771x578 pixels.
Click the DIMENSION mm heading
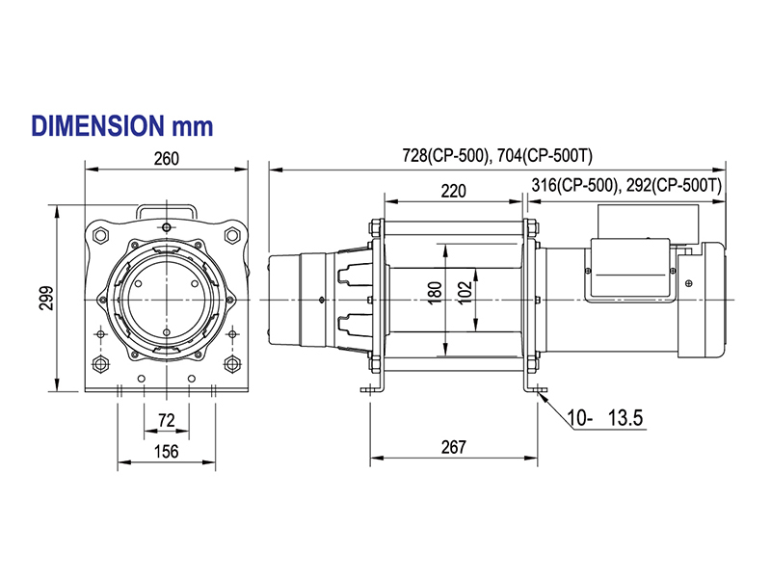121,126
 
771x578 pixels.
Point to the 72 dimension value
166,420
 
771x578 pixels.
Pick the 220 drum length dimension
453,191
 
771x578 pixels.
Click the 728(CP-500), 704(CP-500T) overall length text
499,155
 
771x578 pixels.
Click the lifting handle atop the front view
167,210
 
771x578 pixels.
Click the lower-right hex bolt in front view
232,364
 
